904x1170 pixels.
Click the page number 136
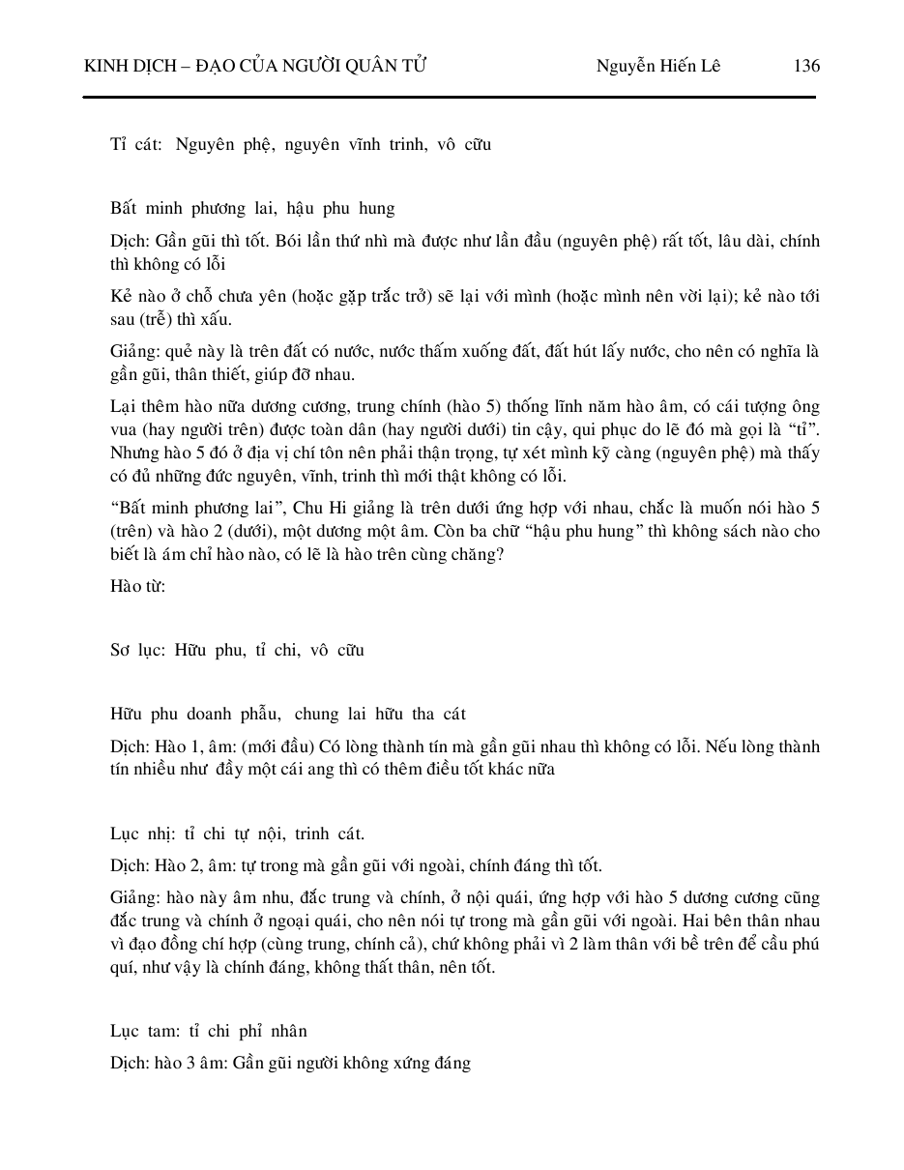click(805, 66)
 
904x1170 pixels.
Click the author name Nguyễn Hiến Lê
click(657, 66)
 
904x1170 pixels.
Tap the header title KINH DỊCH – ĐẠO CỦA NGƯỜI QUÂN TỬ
click(255, 66)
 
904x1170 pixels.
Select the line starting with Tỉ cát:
click(300, 145)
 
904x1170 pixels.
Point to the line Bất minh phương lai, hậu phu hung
click(251, 209)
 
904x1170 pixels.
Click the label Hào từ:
click(137, 586)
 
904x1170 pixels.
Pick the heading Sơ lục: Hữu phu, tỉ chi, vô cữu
click(237, 651)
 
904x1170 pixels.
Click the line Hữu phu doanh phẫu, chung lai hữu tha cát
click(287, 715)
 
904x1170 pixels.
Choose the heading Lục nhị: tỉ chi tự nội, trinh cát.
click(237, 834)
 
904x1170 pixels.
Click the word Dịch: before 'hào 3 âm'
click(129, 1064)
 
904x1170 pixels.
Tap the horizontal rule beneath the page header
click(450, 97)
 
